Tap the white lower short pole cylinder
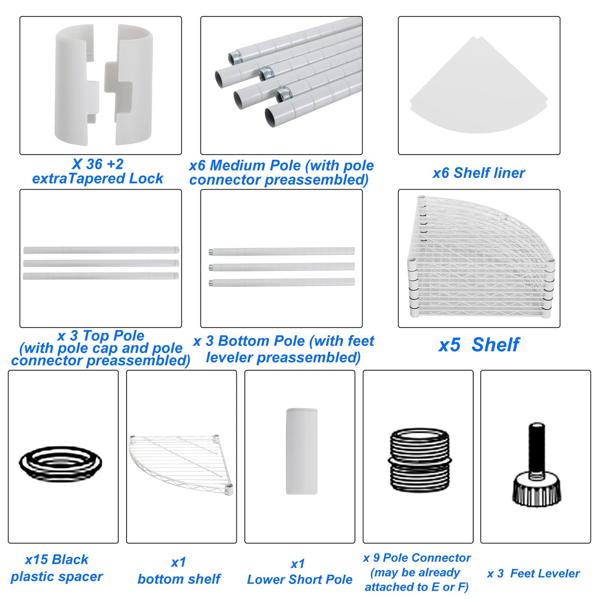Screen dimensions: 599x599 tap(301, 451)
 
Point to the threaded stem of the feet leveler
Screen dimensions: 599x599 tap(537, 447)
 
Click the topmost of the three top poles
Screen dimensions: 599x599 tap(101, 250)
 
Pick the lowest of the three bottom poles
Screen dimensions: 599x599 tap(282, 283)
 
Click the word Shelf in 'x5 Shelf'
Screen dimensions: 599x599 tap(496, 345)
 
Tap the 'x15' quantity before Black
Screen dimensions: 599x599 tap(36, 559)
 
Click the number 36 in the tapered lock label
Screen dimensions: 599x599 tap(94, 164)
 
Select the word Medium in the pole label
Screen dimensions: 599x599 tap(236, 165)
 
